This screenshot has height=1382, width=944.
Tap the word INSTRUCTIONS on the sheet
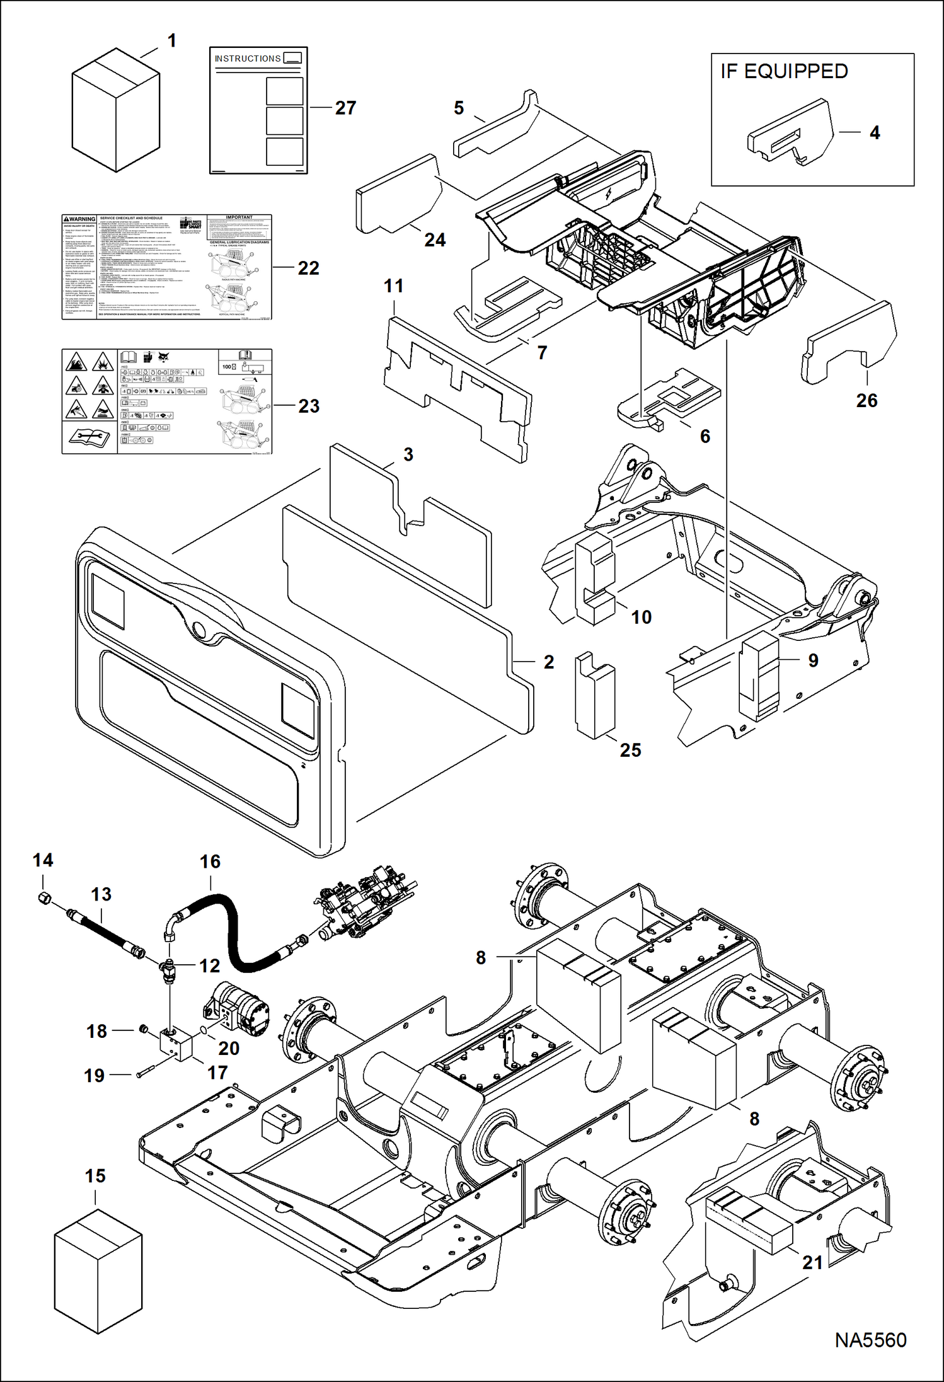click(247, 59)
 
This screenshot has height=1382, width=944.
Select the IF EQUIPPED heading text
click(784, 72)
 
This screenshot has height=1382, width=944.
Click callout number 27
click(345, 108)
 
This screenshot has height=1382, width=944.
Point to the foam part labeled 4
click(791, 134)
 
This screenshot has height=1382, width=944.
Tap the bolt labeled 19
click(145, 1073)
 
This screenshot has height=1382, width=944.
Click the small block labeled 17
click(176, 1044)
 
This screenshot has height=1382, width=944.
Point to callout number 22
click(308, 268)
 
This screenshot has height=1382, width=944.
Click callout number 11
click(393, 286)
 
